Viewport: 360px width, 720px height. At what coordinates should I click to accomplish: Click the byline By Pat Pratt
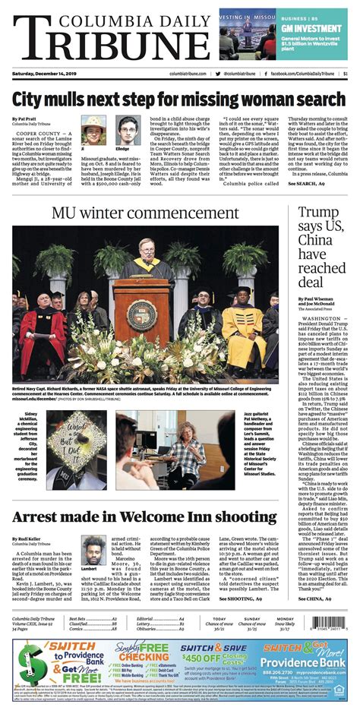tap(25, 120)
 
